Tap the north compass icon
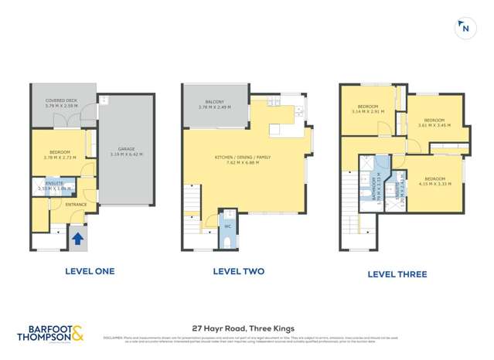point(465,29)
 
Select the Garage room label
point(126,151)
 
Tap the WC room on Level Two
point(227,228)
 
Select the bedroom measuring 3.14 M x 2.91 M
point(367,109)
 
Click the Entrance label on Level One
point(76,205)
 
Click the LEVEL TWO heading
point(238,272)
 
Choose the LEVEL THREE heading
point(397,274)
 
